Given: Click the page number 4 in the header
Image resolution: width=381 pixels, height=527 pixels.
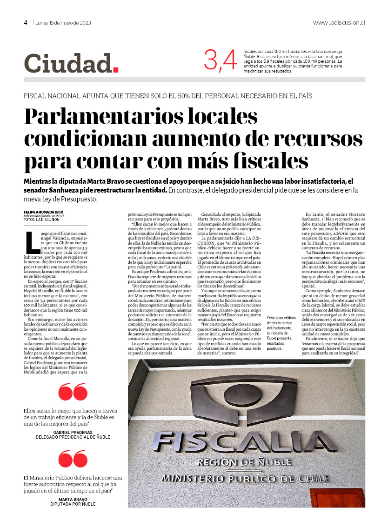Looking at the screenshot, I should click(x=26, y=22).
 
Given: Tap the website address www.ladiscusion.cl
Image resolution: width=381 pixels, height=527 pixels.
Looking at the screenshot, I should click(x=339, y=22).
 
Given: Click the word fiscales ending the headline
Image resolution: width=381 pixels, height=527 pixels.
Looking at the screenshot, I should click(x=266, y=160).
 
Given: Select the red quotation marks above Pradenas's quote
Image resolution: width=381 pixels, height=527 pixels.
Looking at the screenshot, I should click(x=73, y=392).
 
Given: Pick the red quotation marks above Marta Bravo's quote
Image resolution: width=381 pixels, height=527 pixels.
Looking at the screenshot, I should click(x=73, y=459).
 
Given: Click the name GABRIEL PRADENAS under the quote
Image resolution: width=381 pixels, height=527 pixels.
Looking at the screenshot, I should click(x=73, y=433).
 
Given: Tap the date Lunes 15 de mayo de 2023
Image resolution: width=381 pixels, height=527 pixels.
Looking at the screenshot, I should click(x=63, y=23).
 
